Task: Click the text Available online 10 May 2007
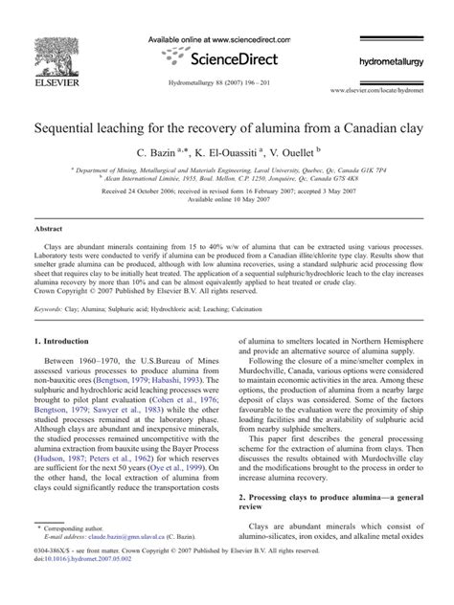[227, 200]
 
